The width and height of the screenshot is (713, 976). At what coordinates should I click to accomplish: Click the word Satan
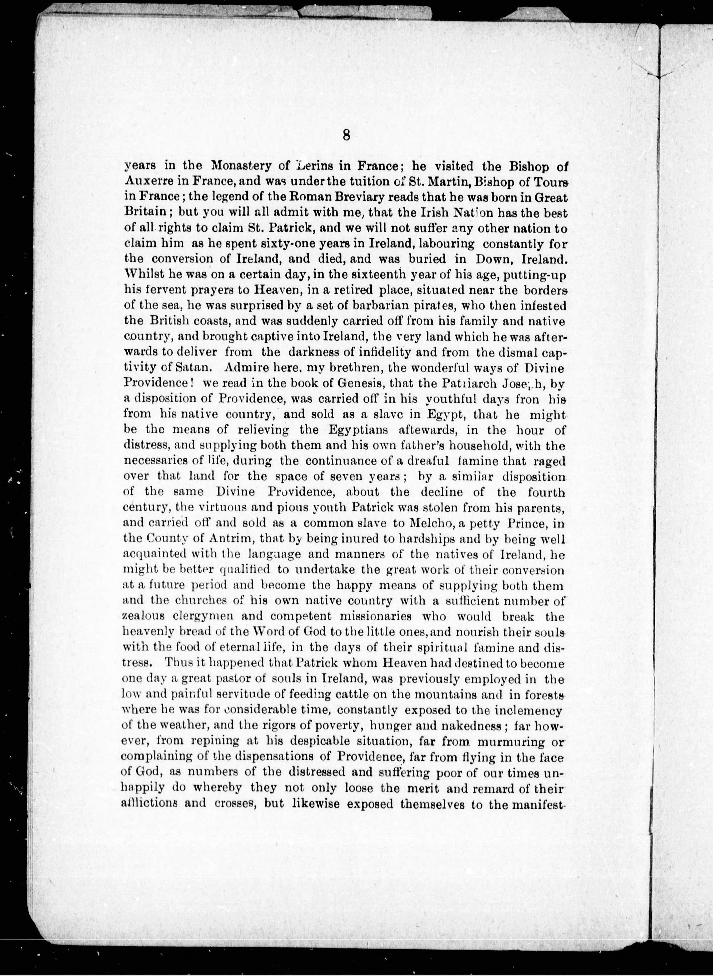point(191,368)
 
